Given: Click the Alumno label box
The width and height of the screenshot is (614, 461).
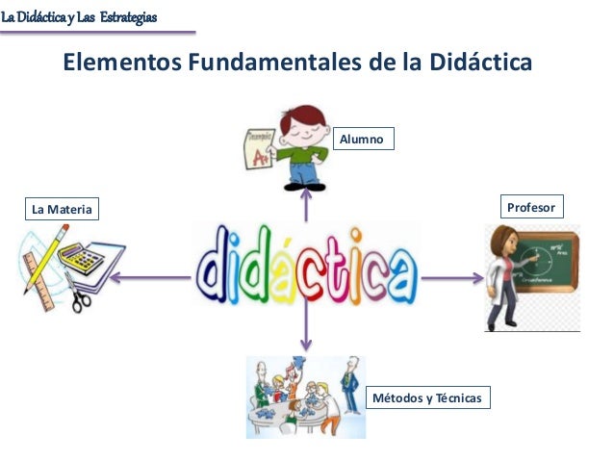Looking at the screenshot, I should pos(364,141).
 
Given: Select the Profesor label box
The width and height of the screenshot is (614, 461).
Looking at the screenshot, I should pos(531,207).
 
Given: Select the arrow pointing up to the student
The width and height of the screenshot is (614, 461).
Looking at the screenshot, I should pos(307,204).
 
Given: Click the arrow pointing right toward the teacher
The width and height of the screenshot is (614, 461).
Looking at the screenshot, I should pos(452,279).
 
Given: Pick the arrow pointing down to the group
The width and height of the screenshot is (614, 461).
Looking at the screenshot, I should pos(307,327).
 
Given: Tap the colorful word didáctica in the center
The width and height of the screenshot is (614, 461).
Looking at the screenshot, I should pos(307,264).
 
